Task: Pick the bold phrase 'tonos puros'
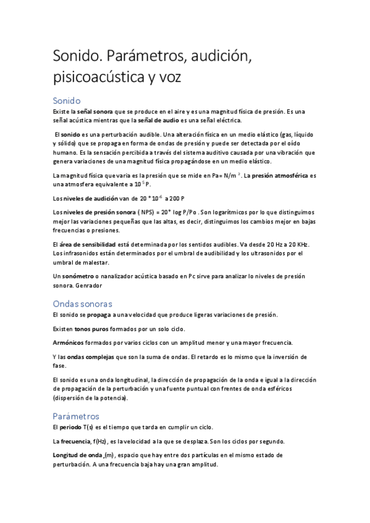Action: pyautogui.click(x=91, y=329)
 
